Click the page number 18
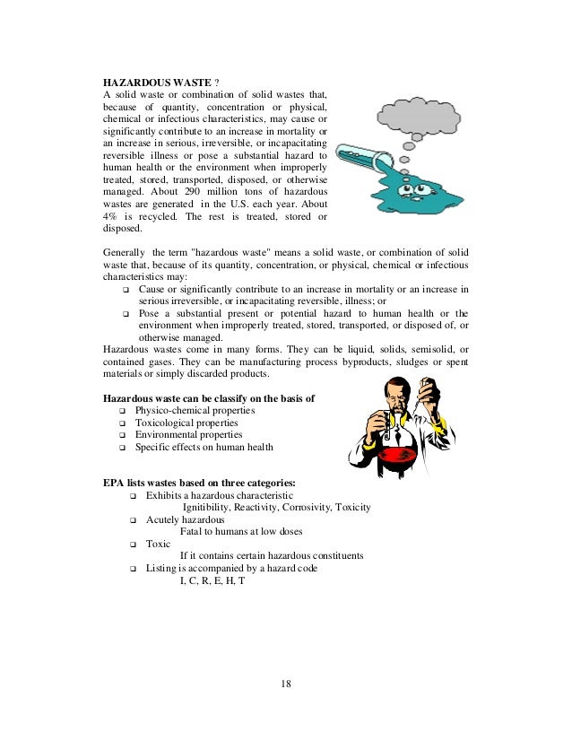[x=285, y=684]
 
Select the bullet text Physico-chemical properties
[x=195, y=410]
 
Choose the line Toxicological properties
[x=186, y=423]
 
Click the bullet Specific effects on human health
[x=204, y=447]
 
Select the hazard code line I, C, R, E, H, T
[x=212, y=580]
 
